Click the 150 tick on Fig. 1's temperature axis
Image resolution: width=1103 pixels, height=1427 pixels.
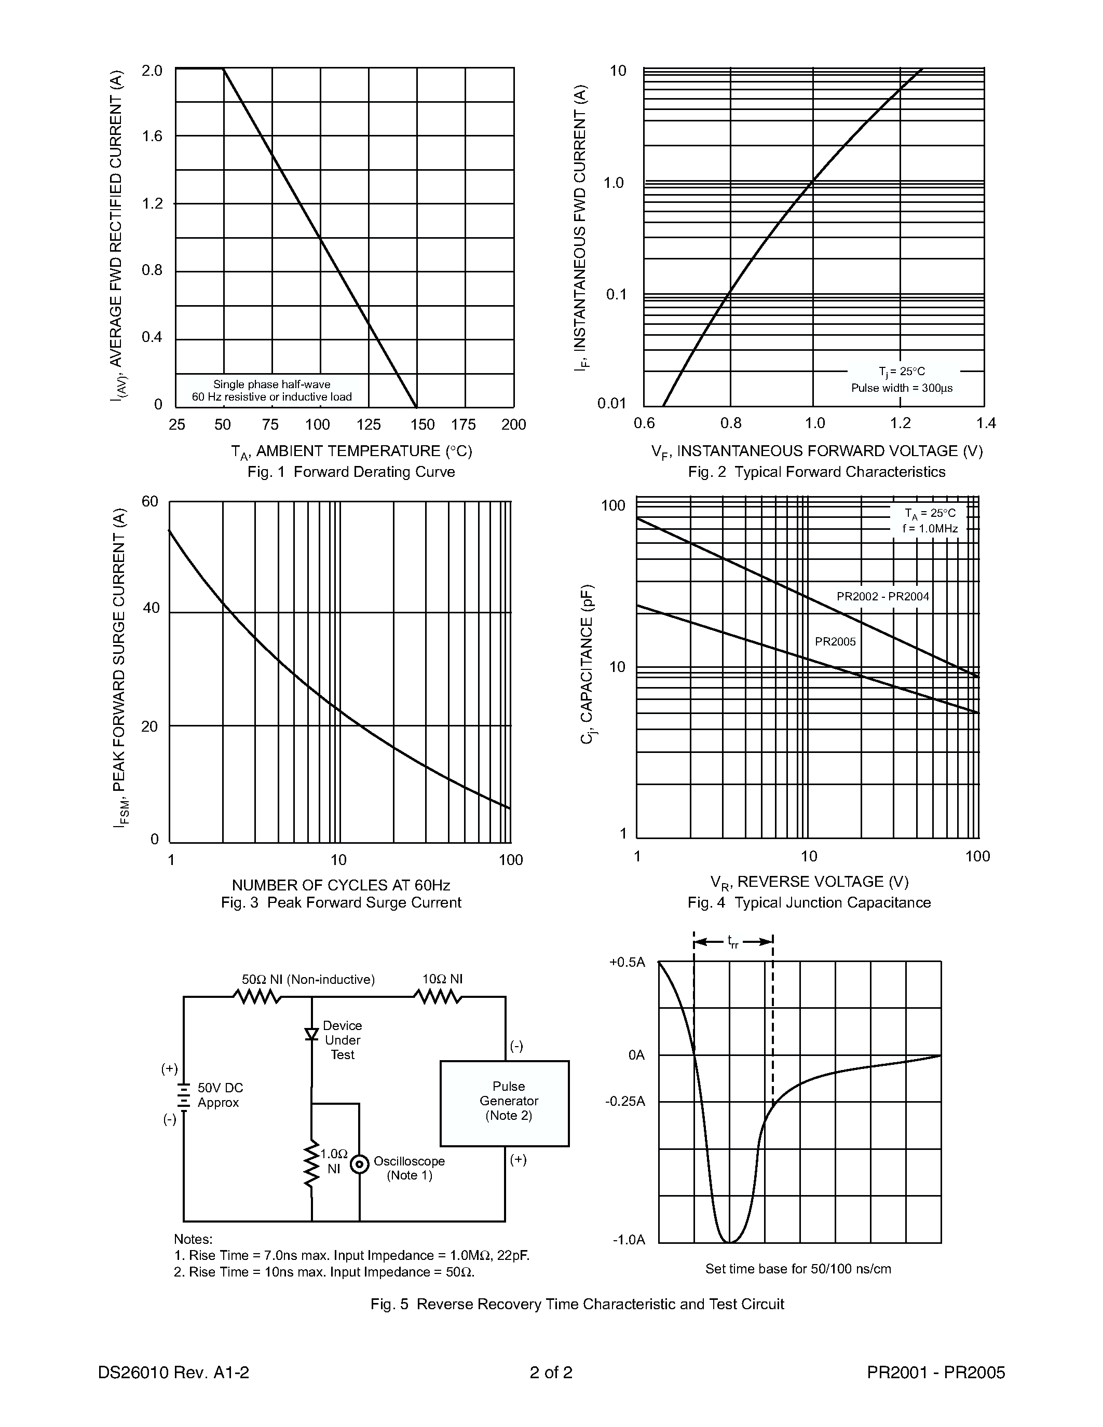[422, 424]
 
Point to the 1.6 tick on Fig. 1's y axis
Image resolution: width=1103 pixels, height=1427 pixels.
[152, 136]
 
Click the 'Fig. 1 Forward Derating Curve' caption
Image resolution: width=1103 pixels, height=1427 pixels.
[351, 472]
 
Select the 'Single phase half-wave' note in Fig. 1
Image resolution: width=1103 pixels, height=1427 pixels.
[272, 384]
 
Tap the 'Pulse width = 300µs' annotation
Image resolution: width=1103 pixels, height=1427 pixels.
[902, 388]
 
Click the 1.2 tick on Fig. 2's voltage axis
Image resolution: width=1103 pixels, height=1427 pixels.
[901, 423]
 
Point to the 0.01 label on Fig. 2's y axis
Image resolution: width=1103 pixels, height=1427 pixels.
[611, 403]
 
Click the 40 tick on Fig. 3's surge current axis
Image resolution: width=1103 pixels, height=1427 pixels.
[151, 608]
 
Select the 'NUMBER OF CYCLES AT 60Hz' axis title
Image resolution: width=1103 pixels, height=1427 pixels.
[341, 885]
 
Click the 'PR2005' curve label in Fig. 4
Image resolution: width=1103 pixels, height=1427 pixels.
[835, 641]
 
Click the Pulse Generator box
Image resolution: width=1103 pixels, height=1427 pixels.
[505, 1104]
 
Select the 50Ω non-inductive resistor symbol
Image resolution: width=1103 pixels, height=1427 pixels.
[257, 997]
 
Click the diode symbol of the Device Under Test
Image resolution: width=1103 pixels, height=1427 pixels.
[311, 1034]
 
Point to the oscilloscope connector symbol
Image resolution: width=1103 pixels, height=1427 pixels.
[359, 1164]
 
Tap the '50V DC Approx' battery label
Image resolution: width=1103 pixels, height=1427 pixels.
[220, 1095]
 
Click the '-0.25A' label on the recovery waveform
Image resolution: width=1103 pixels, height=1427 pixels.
[625, 1102]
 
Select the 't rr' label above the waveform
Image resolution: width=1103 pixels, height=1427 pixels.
[732, 941]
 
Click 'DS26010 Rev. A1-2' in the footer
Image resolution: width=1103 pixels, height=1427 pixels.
[174, 1373]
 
